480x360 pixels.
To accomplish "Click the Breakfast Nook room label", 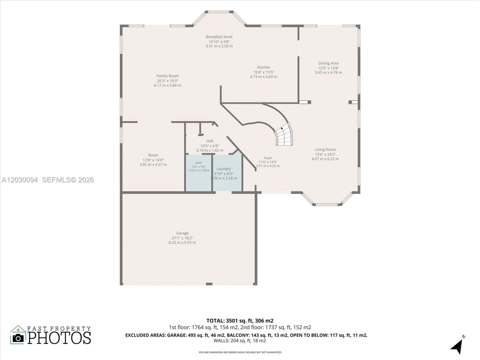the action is point(219,37).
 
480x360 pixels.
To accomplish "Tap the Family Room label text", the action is point(167,76).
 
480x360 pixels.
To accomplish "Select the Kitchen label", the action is point(263,67).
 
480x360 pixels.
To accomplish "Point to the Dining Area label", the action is point(328,63).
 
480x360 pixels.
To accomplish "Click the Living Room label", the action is point(325,149).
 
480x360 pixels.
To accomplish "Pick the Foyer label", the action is point(268,158).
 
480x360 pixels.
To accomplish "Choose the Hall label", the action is point(210,141).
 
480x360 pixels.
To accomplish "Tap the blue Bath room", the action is point(199,173).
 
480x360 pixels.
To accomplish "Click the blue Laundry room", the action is point(227,173).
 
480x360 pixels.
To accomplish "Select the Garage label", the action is point(182,233).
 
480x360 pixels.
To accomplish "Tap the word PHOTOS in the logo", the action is point(59,338).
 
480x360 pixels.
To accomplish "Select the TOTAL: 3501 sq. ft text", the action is point(231,321).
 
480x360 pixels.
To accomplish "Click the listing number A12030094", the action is point(20,180).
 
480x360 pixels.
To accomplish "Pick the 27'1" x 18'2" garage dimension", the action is point(182,238).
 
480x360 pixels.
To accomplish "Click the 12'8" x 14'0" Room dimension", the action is point(153,160).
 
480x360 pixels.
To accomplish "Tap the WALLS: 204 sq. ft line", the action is point(240,340).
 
